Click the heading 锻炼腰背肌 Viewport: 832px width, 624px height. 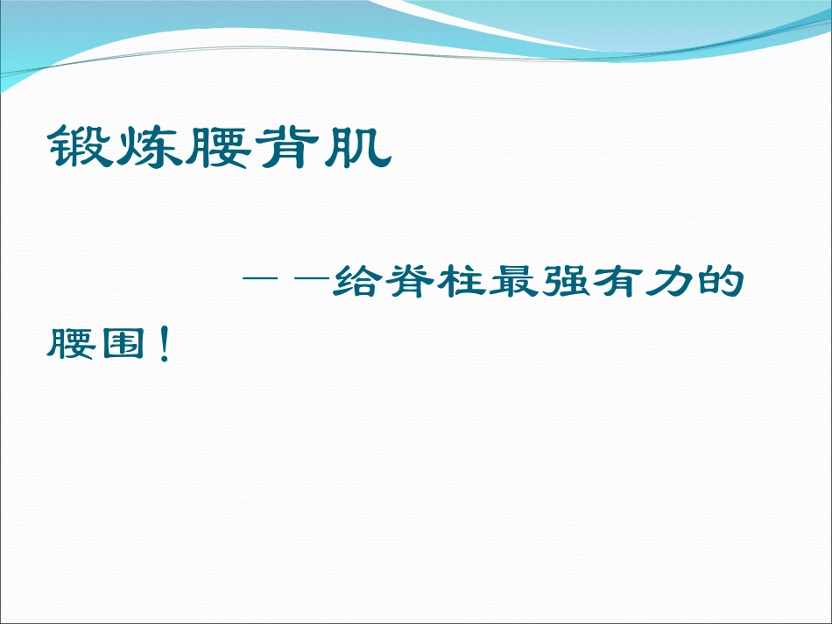pyautogui.click(x=219, y=147)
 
